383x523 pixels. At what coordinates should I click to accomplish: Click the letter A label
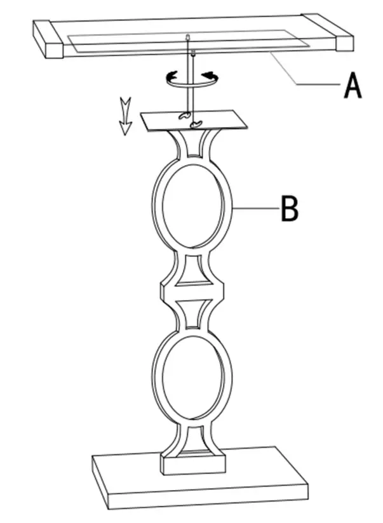353,86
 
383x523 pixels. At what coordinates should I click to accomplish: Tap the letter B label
289,208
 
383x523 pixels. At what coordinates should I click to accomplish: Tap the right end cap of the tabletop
328,32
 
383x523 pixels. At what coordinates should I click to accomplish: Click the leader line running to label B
254,208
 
